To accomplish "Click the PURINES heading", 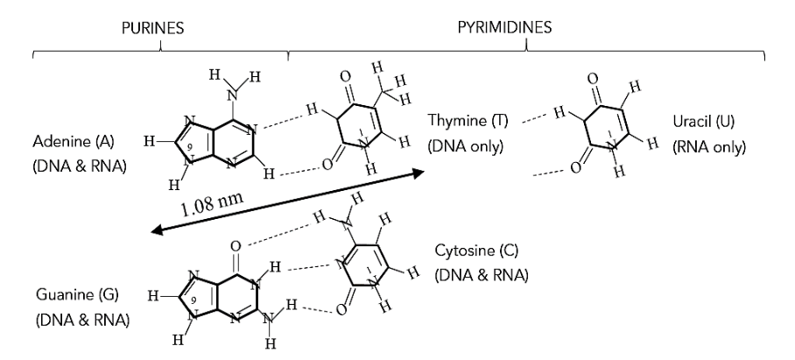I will (x=152, y=28).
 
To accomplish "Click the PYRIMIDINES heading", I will (x=504, y=28).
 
